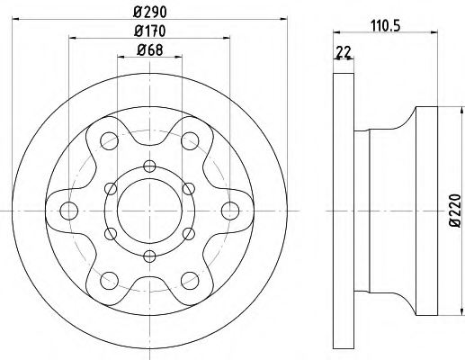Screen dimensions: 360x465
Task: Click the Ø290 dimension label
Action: click(x=150, y=10)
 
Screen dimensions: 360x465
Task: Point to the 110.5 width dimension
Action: click(x=387, y=27)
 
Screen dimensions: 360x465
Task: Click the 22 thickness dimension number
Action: click(x=342, y=53)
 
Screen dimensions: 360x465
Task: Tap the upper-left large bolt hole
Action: click(x=109, y=140)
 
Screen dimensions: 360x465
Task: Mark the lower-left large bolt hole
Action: click(x=109, y=280)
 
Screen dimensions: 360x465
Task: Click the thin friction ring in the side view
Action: click(x=342, y=211)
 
